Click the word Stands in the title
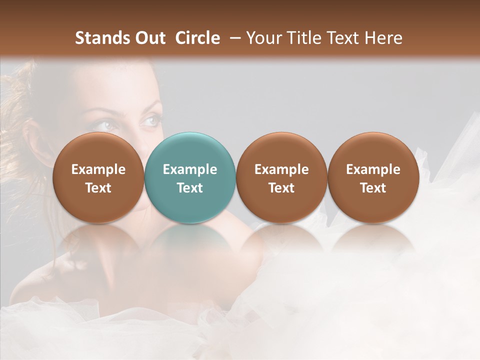[102, 38]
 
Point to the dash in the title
[233, 38]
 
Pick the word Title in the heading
[301, 38]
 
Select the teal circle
[189, 177]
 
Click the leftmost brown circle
[98, 177]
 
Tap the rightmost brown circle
[373, 177]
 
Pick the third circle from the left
[281, 177]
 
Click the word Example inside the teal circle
[190, 169]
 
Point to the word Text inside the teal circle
[190, 188]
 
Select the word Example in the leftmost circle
[98, 169]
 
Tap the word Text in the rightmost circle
[373, 188]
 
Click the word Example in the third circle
[281, 169]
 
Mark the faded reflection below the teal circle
[189, 240]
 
